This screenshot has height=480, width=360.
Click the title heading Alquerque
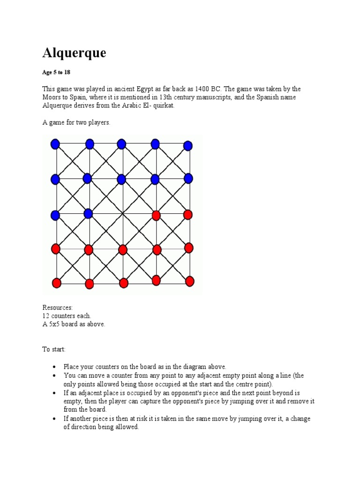click(x=74, y=53)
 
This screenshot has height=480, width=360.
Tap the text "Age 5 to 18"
click(x=57, y=73)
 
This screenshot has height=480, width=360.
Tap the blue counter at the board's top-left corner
click(x=55, y=144)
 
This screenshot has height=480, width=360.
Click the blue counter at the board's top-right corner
click(x=188, y=145)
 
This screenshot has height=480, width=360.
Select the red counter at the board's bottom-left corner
click(x=56, y=283)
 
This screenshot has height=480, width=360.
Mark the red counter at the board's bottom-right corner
click(x=189, y=281)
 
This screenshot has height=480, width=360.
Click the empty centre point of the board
click(x=123, y=214)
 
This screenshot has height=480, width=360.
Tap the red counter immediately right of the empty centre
click(x=156, y=215)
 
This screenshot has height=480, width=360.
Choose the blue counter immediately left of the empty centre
click(x=88, y=214)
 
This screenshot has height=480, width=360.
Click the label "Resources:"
click(x=58, y=307)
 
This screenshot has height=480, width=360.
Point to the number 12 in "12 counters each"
click(x=46, y=316)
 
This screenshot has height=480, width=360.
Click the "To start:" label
click(x=54, y=349)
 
